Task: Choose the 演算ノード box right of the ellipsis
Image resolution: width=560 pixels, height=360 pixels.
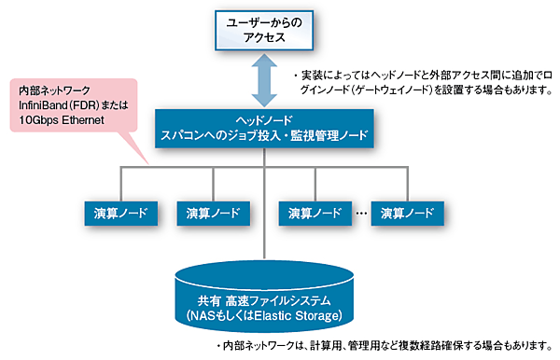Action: click(x=403, y=213)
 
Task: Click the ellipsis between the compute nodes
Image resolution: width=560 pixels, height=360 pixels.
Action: click(x=359, y=215)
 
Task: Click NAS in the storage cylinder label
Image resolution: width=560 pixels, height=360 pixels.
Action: click(x=206, y=314)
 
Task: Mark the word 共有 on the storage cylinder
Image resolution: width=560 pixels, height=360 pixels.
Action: click(x=210, y=299)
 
